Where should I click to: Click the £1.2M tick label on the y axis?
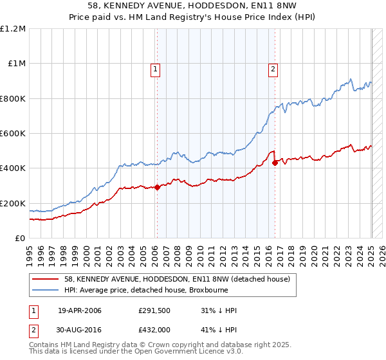13,29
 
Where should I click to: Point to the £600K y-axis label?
13,134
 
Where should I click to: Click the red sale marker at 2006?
157,187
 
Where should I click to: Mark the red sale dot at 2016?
275,163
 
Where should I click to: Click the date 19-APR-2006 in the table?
80,311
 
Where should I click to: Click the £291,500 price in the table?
154,311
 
